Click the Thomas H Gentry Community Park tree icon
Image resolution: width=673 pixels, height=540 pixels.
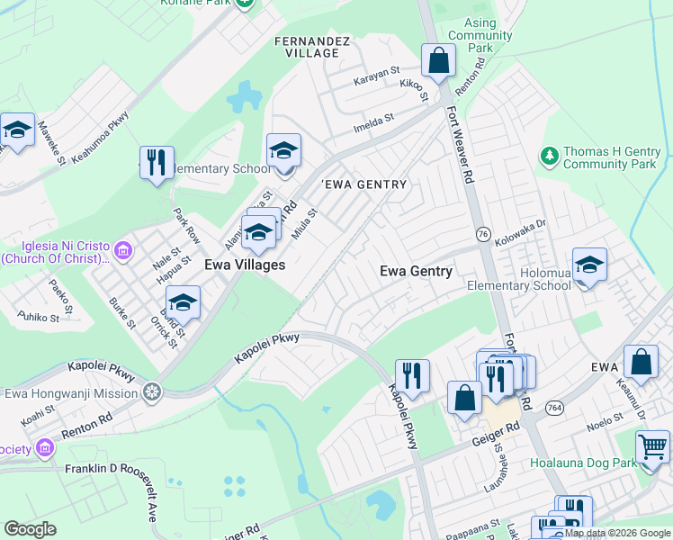click(549, 157)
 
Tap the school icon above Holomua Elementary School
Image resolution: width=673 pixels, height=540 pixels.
click(589, 265)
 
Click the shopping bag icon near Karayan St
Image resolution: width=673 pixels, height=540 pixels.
click(438, 62)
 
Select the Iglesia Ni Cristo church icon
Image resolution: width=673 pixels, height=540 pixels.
click(124, 249)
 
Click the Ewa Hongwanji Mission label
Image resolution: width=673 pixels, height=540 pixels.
click(71, 392)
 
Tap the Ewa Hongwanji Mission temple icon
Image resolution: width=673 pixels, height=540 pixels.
click(152, 392)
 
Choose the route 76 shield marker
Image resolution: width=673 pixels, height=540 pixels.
click(484, 235)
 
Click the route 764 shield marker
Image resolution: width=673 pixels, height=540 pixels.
click(553, 408)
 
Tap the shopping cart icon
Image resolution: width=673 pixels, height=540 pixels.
click(652, 445)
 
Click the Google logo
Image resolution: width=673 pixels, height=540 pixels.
click(30, 529)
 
